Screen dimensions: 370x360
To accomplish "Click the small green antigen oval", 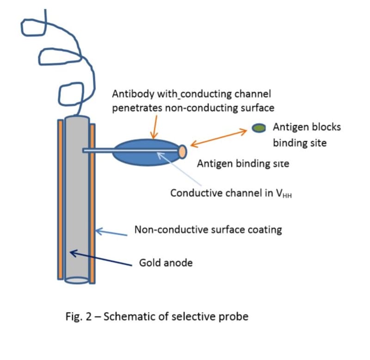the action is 259,128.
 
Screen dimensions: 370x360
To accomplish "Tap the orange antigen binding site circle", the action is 182,152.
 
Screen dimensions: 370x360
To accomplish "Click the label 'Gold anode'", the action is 166,262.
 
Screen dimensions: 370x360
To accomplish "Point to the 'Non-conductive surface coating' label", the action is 208,229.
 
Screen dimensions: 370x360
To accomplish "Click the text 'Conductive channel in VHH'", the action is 231,193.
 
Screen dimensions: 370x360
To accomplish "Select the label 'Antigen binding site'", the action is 243,164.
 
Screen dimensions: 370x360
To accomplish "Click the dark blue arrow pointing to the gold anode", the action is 101,258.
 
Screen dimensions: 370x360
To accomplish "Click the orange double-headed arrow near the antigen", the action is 219,137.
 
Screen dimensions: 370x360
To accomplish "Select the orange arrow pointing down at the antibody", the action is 154,127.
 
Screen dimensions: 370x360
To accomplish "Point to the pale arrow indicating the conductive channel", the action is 179,168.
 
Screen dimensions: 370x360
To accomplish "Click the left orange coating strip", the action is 61,200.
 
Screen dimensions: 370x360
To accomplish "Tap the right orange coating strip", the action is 92,204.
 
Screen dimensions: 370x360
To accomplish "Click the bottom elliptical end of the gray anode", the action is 77,281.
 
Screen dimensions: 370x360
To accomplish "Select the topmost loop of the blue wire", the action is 33,27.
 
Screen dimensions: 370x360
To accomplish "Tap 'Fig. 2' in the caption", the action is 78,317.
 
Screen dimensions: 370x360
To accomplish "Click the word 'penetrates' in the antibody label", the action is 137,108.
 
